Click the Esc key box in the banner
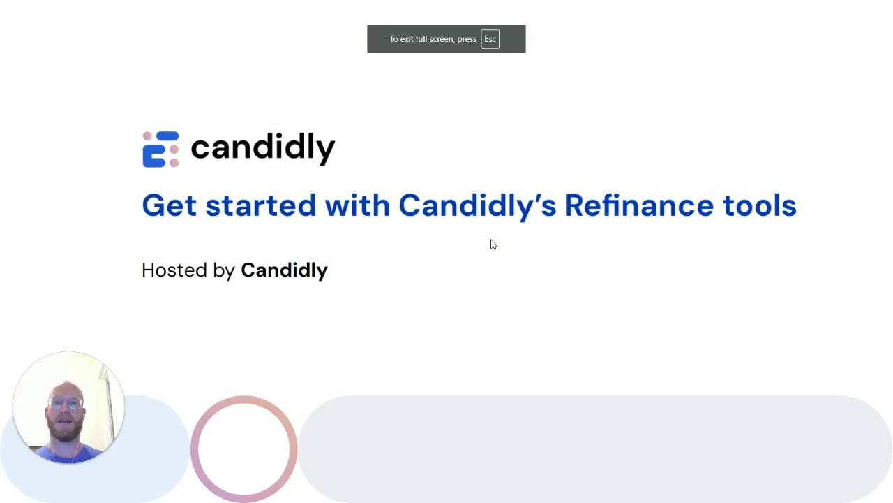(490, 39)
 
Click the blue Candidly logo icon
(160, 150)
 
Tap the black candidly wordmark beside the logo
(263, 149)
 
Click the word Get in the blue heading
(169, 205)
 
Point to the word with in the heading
(357, 205)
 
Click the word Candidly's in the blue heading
(477, 206)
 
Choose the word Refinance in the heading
(639, 205)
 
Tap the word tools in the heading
(760, 205)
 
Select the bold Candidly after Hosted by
(284, 271)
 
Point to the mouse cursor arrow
(493, 245)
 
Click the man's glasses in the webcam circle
(66, 404)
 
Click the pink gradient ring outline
(194, 449)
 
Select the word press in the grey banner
(467, 40)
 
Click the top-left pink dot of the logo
(147, 136)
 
